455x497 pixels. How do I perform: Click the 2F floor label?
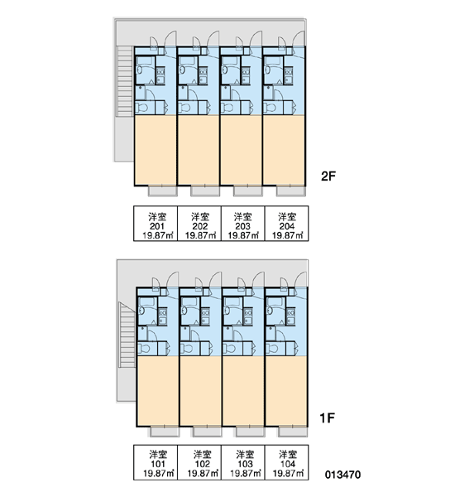tap(328, 176)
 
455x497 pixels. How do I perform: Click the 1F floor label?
tap(327, 418)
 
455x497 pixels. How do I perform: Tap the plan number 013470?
tap(343, 475)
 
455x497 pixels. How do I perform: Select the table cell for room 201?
tap(156, 224)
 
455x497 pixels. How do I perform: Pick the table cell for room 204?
tap(286, 224)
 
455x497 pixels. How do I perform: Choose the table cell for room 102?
tap(199, 462)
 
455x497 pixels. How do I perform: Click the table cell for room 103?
tap(243, 462)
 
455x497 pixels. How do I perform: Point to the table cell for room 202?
tap(199, 224)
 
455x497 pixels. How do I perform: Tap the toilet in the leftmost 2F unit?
tap(141, 108)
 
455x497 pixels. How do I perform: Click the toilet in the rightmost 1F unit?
tap(272, 349)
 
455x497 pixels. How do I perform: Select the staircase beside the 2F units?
tap(124, 81)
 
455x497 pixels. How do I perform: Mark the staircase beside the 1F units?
tap(127, 335)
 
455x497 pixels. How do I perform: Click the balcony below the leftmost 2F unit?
tap(163, 191)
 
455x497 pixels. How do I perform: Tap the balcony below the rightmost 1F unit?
tap(293, 432)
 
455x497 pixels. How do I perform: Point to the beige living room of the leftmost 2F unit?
tap(156, 149)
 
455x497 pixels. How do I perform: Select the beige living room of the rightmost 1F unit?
tap(286, 391)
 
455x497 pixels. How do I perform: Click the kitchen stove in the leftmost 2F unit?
tap(160, 76)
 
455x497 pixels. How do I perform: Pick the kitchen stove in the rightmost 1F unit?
tap(290, 316)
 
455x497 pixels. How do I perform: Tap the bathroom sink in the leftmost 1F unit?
tap(141, 311)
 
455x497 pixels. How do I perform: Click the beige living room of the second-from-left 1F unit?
tap(200, 391)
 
